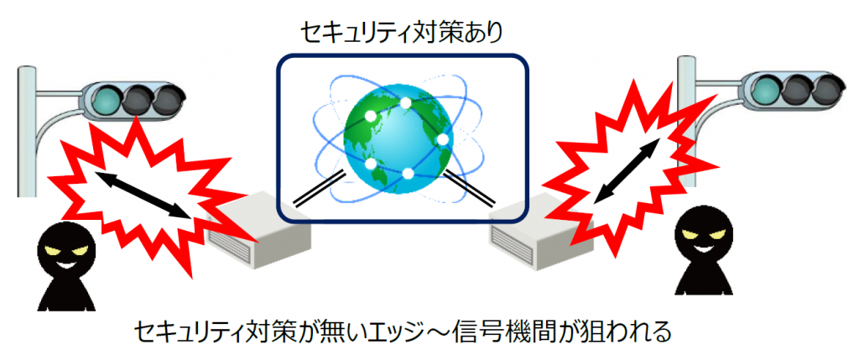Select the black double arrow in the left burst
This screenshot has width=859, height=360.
tap(141, 196)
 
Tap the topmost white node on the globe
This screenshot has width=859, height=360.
tap(405, 102)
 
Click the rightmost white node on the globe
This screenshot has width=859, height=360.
tap(443, 139)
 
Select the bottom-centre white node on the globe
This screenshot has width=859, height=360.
tap(407, 174)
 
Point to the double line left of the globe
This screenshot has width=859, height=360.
tap(320, 190)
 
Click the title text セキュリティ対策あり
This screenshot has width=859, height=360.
tap(400, 33)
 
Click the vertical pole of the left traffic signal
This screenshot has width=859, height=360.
tap(28, 132)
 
